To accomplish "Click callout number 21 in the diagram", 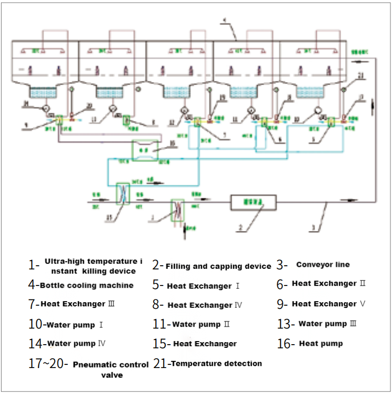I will (x=361, y=76).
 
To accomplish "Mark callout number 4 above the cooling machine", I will (x=224, y=21).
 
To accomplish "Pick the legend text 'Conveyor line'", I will (x=323, y=265).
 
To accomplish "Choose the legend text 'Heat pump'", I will (x=321, y=344).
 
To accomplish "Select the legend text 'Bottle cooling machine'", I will (x=86, y=286).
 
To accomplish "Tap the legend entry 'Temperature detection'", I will (x=216, y=363).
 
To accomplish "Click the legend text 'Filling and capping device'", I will (x=218, y=266).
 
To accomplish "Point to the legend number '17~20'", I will (x=47, y=364).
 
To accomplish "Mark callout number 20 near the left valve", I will (x=89, y=105).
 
